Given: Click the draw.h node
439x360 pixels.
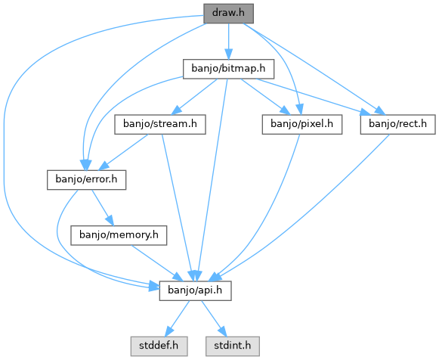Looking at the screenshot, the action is [x=228, y=14].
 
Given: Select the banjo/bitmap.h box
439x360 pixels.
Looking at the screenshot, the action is [x=228, y=69].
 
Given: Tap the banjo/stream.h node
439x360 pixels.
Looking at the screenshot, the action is [x=160, y=124].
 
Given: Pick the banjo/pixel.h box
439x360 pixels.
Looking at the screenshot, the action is [x=302, y=124].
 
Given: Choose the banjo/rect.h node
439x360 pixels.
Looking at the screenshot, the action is [x=398, y=124].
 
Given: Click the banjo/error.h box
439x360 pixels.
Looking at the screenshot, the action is [x=86, y=180].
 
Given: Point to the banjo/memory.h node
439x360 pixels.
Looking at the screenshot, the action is [x=119, y=235].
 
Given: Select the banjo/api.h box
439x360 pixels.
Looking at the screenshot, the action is [x=196, y=291].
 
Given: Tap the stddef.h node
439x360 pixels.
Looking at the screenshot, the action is [x=159, y=346].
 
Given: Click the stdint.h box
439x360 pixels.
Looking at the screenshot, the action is [x=233, y=346].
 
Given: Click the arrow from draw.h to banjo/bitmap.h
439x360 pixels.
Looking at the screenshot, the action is [x=228, y=41].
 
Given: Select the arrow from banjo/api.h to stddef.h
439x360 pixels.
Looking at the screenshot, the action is [x=178, y=319].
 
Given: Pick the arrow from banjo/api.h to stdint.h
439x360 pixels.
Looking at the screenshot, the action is [x=214, y=319].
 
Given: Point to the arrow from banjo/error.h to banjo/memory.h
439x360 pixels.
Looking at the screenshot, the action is [x=103, y=207].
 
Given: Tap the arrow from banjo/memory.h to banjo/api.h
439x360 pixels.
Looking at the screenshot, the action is [x=157, y=263].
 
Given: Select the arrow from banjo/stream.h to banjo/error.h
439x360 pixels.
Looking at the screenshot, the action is [x=123, y=152].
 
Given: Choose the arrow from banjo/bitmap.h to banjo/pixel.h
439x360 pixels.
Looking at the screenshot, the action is [x=265, y=97].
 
